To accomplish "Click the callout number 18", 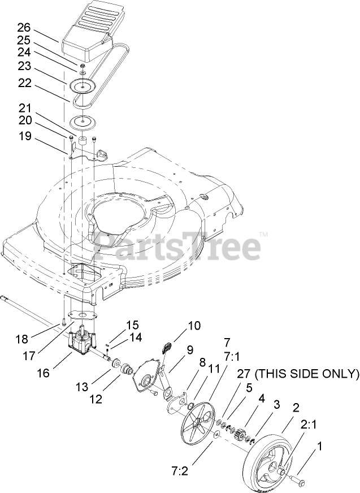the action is click(x=21, y=339).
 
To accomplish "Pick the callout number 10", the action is click(x=194, y=326).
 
